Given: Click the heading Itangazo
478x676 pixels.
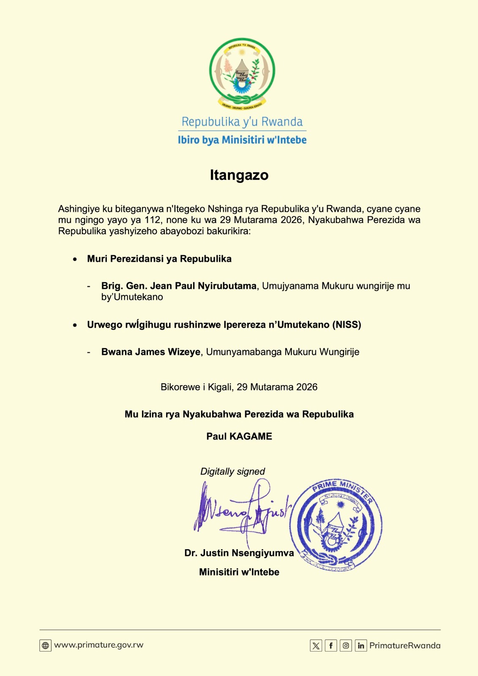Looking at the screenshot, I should click(239, 175).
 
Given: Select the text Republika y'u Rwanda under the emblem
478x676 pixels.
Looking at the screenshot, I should click(242, 122).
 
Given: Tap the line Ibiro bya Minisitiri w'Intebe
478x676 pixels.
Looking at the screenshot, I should click(242, 140).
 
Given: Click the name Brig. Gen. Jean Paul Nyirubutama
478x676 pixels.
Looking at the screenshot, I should click(179, 286).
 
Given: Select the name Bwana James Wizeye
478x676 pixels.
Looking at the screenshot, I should click(150, 352).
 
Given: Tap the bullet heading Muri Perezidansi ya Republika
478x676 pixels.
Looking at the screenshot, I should click(159, 259).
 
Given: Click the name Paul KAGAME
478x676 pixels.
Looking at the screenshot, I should click(239, 436).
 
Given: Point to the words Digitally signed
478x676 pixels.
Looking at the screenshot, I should click(232, 472).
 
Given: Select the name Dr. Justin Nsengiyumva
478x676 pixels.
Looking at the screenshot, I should click(239, 553).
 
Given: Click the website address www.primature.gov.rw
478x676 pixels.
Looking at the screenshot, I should click(99, 645).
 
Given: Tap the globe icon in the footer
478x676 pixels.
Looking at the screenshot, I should click(45, 646).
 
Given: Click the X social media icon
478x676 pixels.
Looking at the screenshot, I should click(316, 646).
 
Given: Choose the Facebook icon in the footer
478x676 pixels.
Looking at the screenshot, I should click(331, 646).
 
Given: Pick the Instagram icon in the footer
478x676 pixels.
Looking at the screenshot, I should click(346, 646).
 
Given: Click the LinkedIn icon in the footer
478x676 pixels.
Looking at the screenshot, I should click(361, 646).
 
